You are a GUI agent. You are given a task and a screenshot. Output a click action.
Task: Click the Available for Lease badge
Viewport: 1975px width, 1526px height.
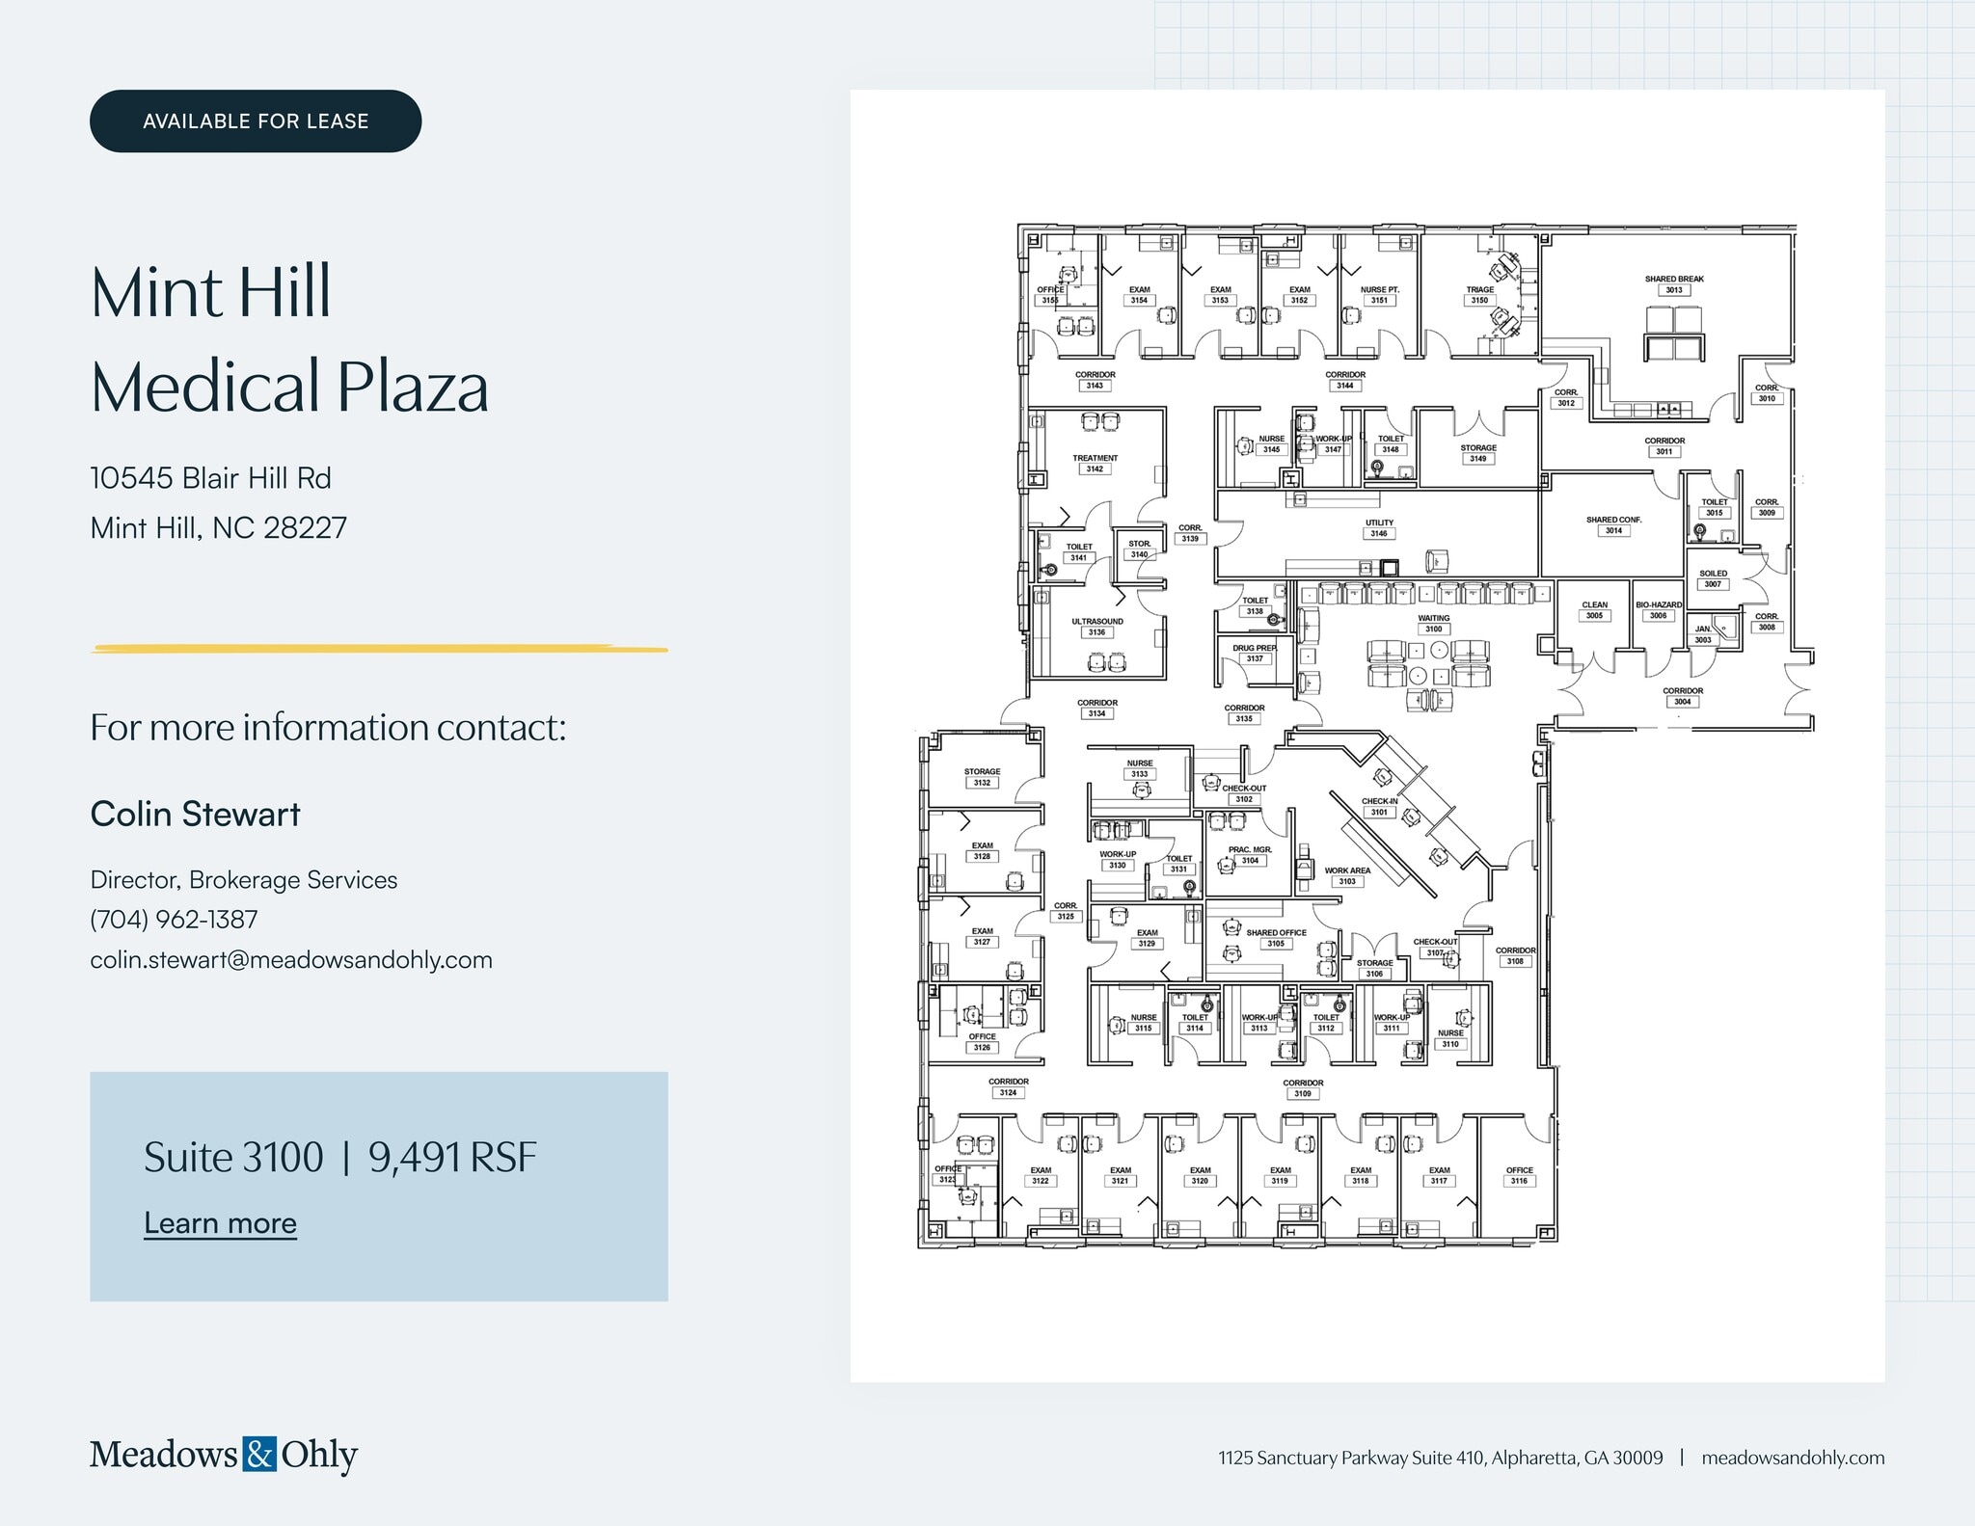[x=256, y=121]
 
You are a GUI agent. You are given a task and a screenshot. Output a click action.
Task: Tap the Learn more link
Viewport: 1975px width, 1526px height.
[x=220, y=1223]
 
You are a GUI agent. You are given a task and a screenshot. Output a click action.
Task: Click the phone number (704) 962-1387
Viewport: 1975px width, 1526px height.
[x=174, y=920]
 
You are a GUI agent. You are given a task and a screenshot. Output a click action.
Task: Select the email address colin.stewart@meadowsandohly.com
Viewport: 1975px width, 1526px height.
[x=291, y=960]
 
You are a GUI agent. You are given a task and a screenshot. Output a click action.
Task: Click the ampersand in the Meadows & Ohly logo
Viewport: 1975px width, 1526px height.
[x=259, y=1454]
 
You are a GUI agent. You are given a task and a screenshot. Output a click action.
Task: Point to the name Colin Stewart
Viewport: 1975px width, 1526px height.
[x=195, y=815]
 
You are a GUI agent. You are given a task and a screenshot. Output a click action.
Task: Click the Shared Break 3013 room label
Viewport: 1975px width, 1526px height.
[x=1674, y=284]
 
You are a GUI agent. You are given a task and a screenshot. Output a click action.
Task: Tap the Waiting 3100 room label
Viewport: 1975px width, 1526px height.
[x=1434, y=624]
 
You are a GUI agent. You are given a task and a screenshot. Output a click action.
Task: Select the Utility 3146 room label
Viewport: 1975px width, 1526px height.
[x=1379, y=528]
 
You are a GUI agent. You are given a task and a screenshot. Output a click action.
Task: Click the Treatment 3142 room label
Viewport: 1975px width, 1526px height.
[x=1096, y=464]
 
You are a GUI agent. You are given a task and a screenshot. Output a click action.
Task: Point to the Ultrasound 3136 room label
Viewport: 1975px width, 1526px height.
[x=1097, y=628]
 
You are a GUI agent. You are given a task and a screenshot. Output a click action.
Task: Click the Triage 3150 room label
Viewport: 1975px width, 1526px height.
[x=1480, y=295]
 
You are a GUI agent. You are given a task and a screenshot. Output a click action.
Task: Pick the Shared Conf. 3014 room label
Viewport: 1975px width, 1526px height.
[x=1613, y=525]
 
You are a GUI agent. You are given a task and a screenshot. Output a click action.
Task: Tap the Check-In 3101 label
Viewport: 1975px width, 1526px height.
[x=1380, y=807]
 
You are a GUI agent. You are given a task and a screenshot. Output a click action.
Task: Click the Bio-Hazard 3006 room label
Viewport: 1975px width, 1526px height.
[x=1659, y=610]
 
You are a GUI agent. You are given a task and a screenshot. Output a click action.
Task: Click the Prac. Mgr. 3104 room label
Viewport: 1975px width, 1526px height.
[x=1250, y=855]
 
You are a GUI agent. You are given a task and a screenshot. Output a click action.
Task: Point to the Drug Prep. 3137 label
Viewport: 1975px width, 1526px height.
[x=1255, y=654]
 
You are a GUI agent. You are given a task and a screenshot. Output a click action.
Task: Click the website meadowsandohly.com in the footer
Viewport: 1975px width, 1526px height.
[x=1793, y=1458]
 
